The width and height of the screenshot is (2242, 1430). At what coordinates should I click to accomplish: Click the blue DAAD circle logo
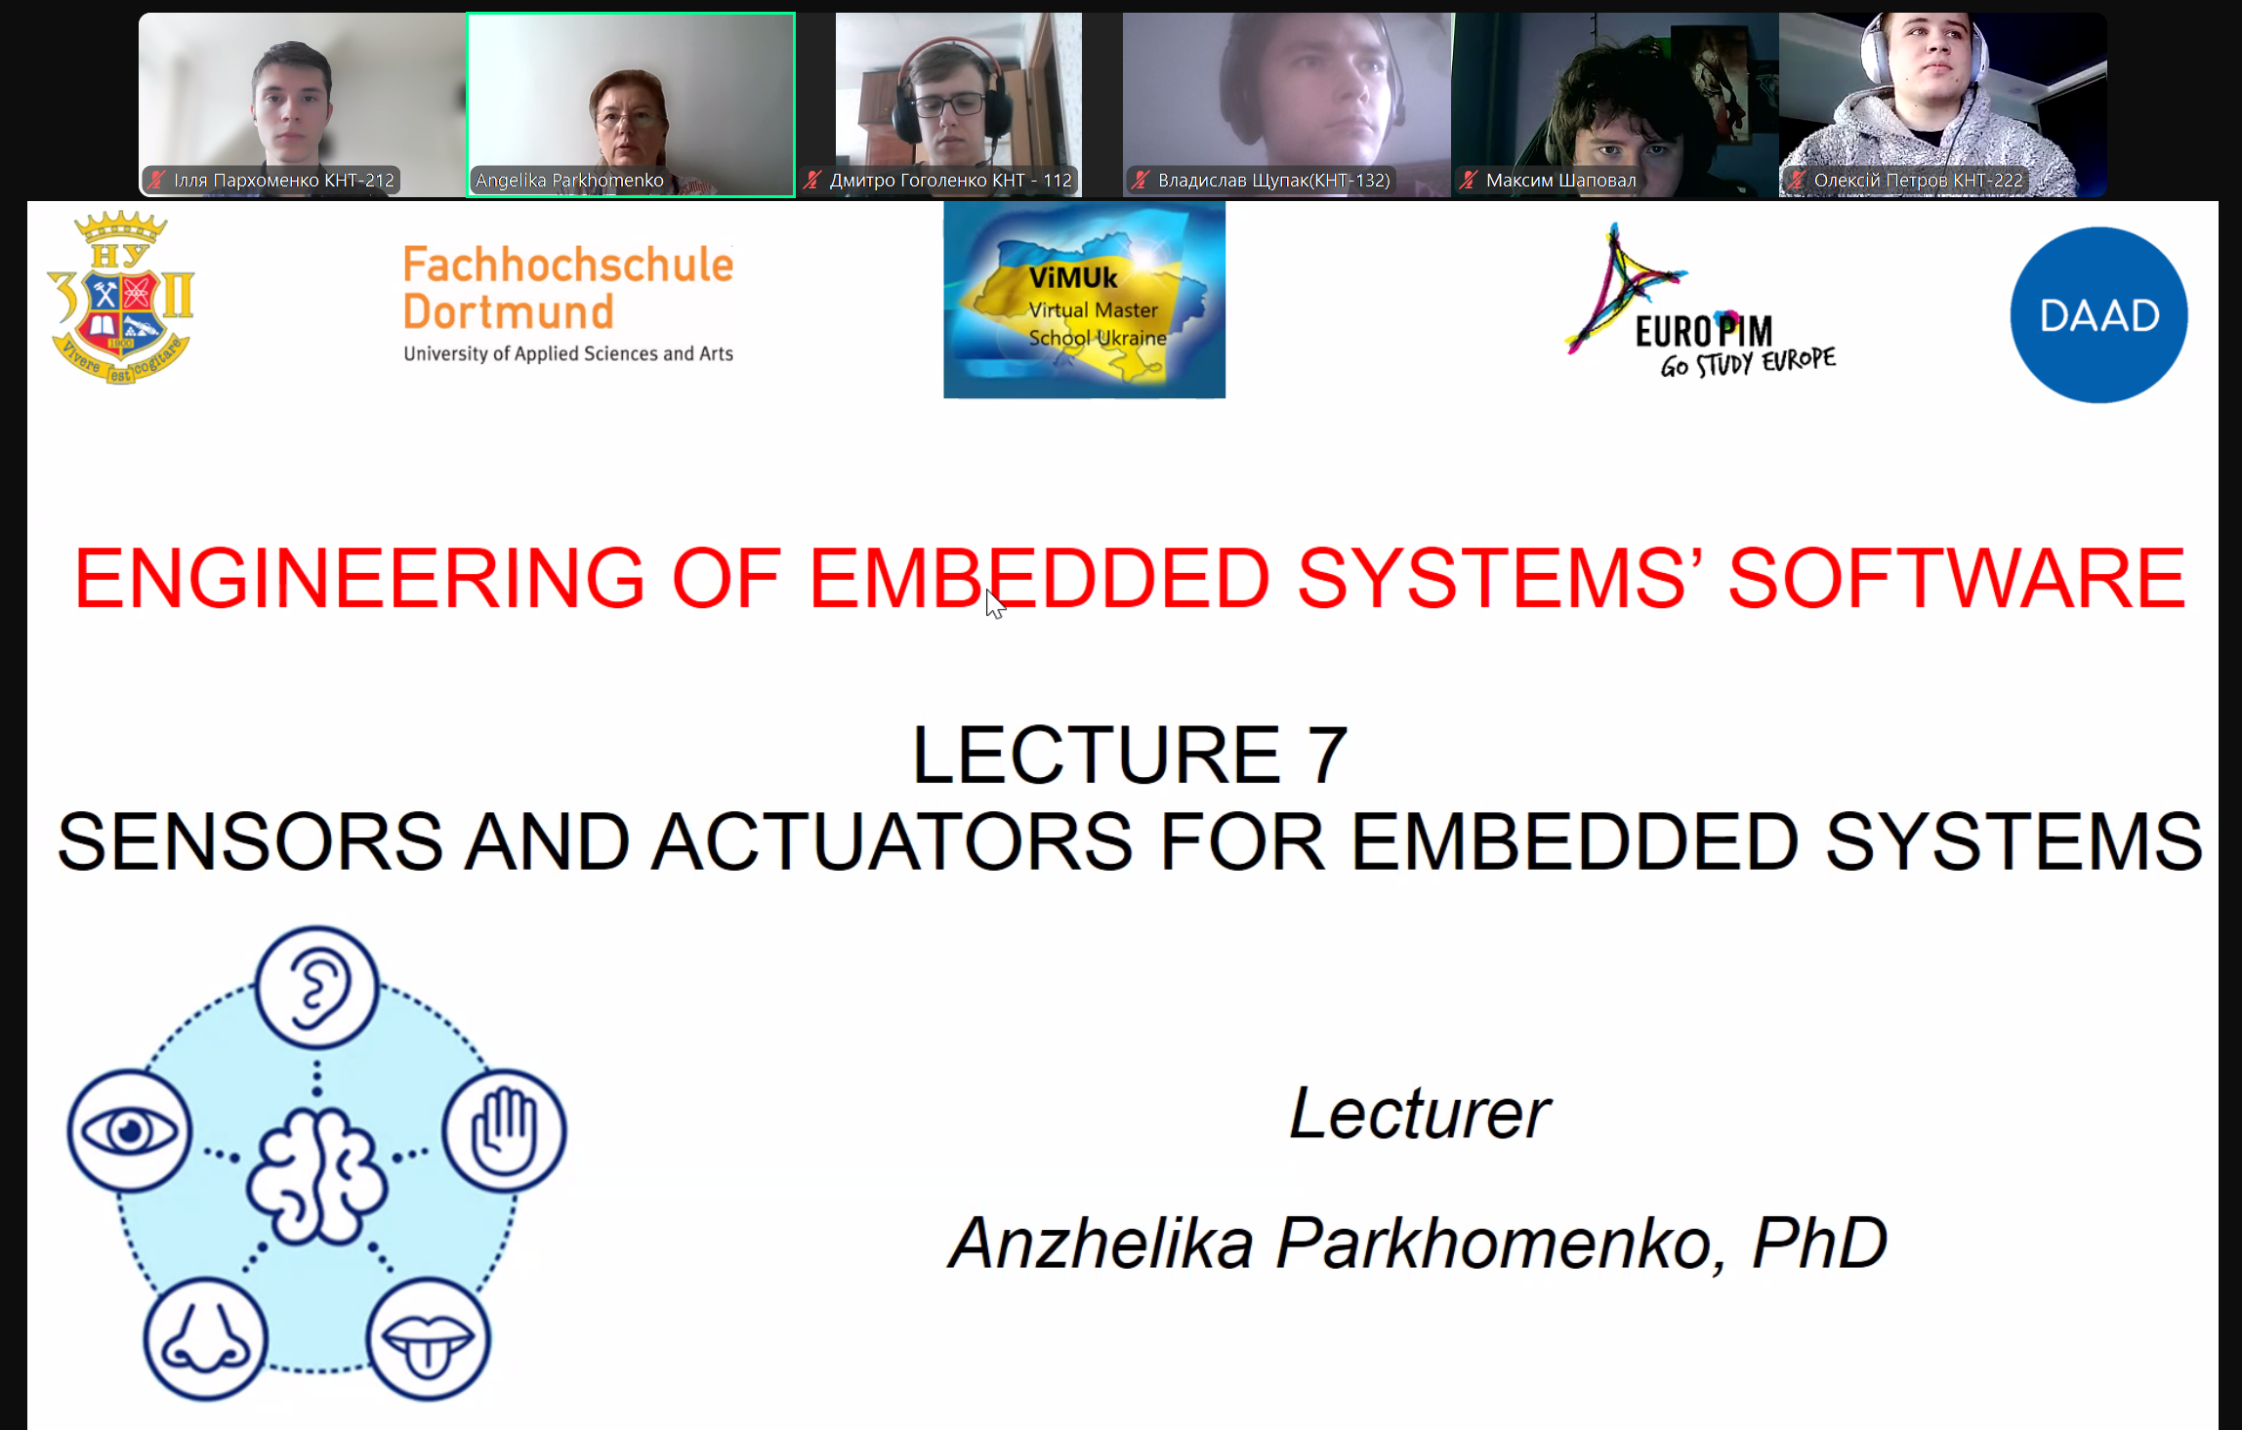pos(2098,315)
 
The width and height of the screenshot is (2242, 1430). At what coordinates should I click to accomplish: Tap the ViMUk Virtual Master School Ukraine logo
pos(1084,300)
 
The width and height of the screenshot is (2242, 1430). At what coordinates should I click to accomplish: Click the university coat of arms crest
pos(120,297)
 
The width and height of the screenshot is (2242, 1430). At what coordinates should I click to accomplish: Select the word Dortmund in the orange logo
pos(509,312)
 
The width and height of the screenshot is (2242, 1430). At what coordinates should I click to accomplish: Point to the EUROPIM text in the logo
pos(1704,332)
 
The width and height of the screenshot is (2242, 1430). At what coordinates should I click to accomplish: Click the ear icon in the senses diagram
pos(316,987)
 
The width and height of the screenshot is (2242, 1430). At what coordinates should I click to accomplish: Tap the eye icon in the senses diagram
pos(129,1130)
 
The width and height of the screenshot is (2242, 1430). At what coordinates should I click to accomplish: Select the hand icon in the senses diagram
pos(504,1130)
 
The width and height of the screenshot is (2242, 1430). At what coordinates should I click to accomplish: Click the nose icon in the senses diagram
pos(205,1338)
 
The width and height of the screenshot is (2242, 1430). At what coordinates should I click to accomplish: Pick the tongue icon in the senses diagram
pos(428,1338)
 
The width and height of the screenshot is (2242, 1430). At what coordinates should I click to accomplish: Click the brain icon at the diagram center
pos(316,1176)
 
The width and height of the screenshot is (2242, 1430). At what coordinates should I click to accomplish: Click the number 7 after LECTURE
pos(1326,755)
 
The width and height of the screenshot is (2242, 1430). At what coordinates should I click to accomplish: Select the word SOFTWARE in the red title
pos(1957,578)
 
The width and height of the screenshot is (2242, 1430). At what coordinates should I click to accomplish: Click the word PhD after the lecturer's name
pos(1819,1243)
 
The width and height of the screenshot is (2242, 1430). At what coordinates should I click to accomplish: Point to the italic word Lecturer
pos(1420,1113)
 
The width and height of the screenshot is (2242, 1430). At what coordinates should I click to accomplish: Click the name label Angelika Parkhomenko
pos(569,180)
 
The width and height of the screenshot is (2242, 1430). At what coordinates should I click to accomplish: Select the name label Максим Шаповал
pos(1560,180)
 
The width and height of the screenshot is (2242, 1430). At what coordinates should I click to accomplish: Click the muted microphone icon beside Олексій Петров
pos(1796,180)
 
